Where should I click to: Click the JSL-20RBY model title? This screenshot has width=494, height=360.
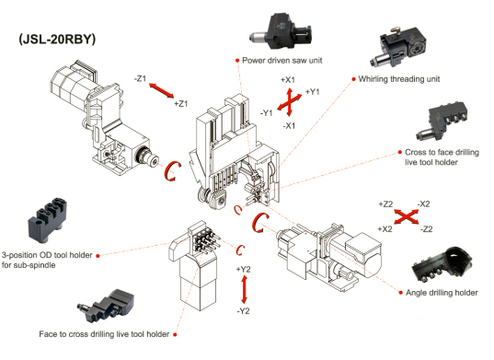(x=57, y=40)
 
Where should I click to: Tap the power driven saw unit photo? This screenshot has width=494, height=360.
(x=281, y=32)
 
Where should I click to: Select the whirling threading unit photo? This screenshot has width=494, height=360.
(x=398, y=47)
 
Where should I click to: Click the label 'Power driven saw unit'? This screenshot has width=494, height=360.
(x=282, y=60)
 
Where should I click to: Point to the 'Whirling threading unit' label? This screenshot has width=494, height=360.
(x=399, y=79)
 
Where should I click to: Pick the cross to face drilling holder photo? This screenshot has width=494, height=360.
(x=441, y=121)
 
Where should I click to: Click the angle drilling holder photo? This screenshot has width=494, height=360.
(x=442, y=264)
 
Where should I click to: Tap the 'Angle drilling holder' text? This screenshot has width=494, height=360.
(x=442, y=293)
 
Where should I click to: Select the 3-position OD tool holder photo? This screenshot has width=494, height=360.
(x=48, y=220)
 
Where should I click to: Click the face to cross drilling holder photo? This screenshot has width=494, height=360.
(x=106, y=306)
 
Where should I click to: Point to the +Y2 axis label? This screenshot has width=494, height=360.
(x=243, y=269)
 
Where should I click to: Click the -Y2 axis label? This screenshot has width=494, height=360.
(x=243, y=311)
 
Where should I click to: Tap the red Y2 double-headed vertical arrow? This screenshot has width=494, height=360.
(x=244, y=289)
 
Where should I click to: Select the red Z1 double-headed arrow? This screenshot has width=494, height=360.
(x=161, y=90)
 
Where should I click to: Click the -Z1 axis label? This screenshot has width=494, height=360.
(x=140, y=78)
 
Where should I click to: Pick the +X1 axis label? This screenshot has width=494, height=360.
(x=288, y=80)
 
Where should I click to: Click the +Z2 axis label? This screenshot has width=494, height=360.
(x=385, y=204)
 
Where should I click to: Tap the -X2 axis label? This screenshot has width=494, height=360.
(x=424, y=204)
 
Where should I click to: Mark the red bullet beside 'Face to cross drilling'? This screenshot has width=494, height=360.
(x=175, y=334)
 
